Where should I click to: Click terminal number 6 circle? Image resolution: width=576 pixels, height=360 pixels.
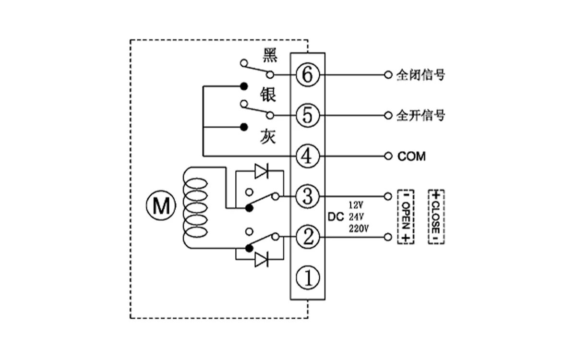click(x=307, y=75)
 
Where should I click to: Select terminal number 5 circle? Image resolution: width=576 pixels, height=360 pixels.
click(x=307, y=115)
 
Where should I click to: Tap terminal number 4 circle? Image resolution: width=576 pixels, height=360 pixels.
click(x=307, y=156)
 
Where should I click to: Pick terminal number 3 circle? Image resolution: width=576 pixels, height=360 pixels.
click(x=307, y=196)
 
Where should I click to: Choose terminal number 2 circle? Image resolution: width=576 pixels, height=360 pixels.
click(x=307, y=237)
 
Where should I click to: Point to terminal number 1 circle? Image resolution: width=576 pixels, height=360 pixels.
click(x=307, y=277)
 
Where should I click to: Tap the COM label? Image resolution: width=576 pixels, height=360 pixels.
click(x=411, y=156)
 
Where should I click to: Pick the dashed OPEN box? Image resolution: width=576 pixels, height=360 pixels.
click(x=406, y=216)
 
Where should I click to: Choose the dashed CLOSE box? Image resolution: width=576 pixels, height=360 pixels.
click(x=436, y=216)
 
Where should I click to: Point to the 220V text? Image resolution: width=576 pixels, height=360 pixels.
click(x=359, y=228)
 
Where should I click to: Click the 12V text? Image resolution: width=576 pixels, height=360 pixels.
click(x=356, y=204)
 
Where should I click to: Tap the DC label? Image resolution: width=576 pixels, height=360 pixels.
click(x=336, y=216)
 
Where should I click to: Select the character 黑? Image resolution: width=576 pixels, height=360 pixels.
click(x=270, y=55)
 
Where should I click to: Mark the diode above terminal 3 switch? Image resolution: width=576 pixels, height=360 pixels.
click(x=262, y=171)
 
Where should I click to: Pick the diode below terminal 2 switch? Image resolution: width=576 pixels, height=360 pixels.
click(x=262, y=260)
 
